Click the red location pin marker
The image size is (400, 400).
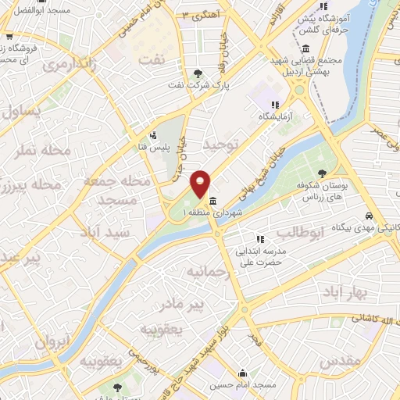pos(202,184)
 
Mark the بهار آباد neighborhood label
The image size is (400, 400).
pos(343,291)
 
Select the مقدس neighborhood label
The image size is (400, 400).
pos(341,359)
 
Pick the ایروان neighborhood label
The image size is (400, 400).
pos(52,341)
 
